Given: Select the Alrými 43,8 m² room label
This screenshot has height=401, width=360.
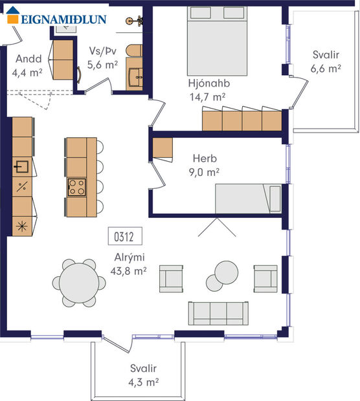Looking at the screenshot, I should click(126, 264).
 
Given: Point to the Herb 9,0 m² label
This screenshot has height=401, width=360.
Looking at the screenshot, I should click(206, 165).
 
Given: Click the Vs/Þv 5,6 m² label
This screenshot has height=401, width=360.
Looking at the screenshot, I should click(102, 58).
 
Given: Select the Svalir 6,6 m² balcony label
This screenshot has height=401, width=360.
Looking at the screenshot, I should click(326, 61).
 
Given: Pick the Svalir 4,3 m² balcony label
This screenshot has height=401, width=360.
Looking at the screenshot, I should click(142, 375).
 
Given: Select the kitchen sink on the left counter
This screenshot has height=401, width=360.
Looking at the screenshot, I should click(21, 168).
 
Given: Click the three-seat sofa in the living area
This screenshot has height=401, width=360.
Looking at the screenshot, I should click(219, 313).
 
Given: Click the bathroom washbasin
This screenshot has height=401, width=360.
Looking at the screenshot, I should click(137, 76).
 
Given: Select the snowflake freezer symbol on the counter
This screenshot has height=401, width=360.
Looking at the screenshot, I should click(21, 226).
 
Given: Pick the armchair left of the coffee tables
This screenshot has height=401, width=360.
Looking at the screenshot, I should click(172, 278).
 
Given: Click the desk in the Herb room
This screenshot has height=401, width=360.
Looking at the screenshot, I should click(163, 148).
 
